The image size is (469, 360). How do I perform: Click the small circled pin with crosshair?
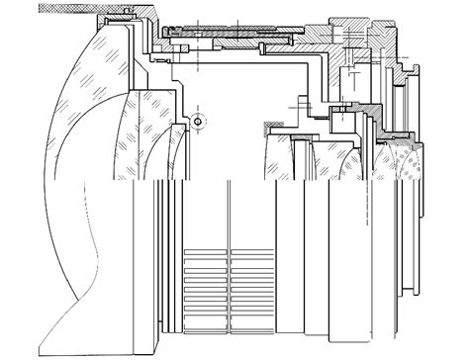click(198, 122)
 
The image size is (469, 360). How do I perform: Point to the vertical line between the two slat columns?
click(229, 287)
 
